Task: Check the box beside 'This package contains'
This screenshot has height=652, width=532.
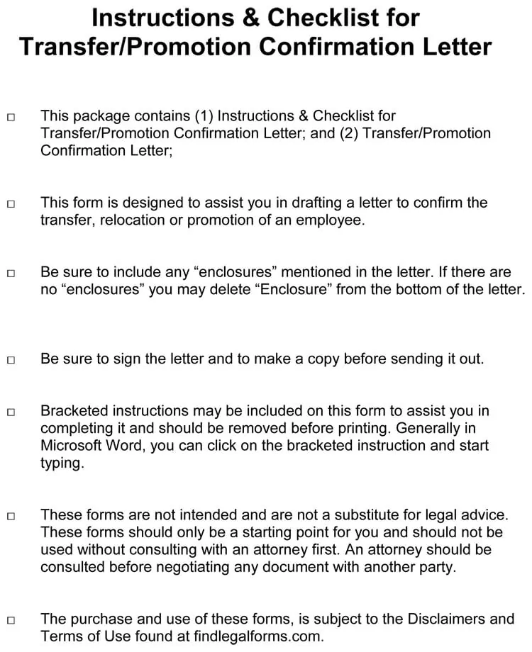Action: coord(11,117)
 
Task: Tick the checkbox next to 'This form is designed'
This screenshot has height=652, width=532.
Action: coord(11,204)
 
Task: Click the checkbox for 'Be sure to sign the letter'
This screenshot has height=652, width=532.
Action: coord(11,360)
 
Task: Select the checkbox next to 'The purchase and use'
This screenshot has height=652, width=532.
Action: coord(11,620)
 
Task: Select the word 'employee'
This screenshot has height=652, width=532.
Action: coord(331,220)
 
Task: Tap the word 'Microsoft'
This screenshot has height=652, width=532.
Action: coord(70,446)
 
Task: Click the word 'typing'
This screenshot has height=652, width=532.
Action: coord(62,463)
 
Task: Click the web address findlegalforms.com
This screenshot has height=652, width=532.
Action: coord(258,636)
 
